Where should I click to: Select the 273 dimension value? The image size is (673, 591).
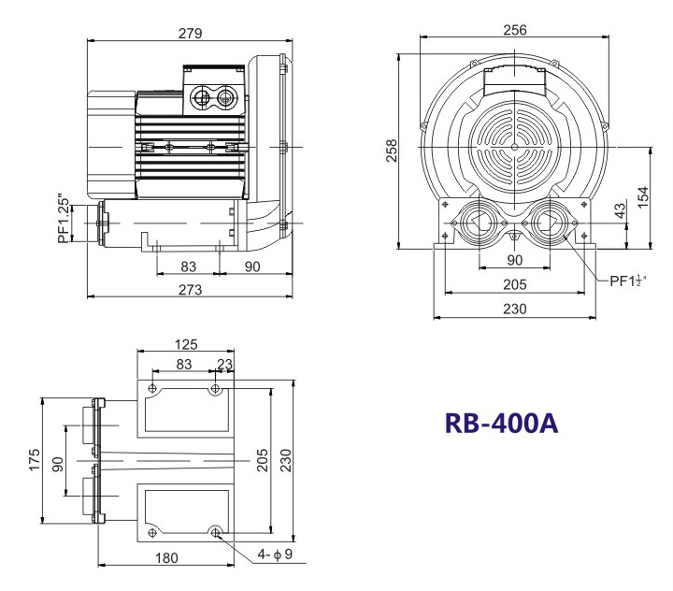click(190, 290)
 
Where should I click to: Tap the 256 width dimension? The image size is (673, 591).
click(514, 29)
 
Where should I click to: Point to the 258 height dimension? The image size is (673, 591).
click(393, 151)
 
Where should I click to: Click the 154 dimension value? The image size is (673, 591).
click(643, 198)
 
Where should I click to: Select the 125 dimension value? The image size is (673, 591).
click(185, 344)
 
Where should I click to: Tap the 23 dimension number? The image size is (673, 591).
click(224, 365)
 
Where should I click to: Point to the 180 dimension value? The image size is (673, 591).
click(166, 558)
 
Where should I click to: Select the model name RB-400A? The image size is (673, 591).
click(501, 423)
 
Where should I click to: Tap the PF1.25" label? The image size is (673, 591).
click(64, 219)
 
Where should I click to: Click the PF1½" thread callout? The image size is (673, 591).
click(630, 280)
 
